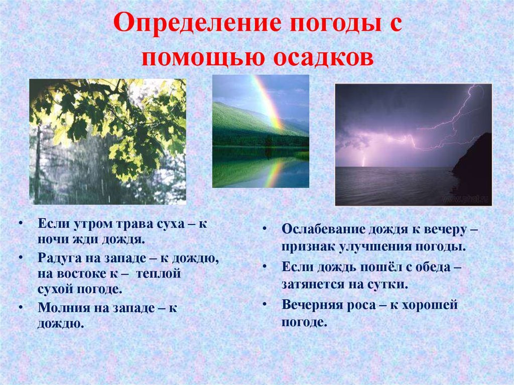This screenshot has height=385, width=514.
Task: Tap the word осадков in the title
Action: [x=323, y=57]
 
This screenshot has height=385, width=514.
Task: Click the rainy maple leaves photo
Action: [x=107, y=142]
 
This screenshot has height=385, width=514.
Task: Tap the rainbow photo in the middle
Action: [x=261, y=131]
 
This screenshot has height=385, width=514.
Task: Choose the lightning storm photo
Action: [x=414, y=145]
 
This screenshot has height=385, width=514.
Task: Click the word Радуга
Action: [x=59, y=259]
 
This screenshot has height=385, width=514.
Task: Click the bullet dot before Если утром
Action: [x=21, y=223]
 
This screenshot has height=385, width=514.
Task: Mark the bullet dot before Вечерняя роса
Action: [x=265, y=304]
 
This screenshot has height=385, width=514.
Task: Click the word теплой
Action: [x=158, y=274]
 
